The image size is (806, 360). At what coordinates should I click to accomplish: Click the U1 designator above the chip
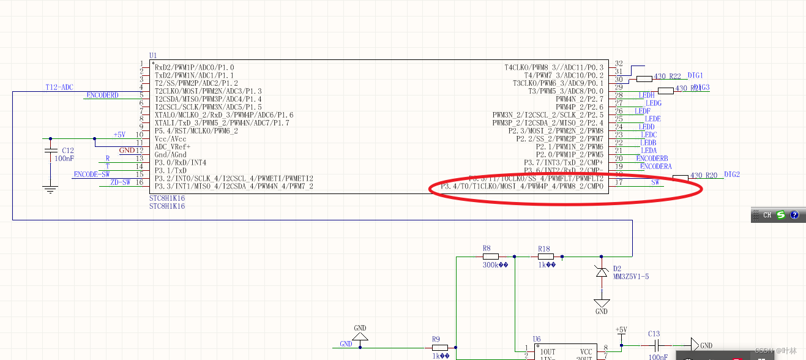(153, 56)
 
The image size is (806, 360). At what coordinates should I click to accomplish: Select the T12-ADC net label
(59, 88)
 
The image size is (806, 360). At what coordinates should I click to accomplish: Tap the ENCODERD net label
(102, 96)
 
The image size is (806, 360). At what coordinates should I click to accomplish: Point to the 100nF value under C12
(64, 159)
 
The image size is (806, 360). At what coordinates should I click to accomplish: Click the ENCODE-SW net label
(92, 174)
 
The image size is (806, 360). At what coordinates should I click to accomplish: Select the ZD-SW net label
(120, 182)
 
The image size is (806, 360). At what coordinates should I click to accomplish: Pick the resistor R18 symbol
(545, 257)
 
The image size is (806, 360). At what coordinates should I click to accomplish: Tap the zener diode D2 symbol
(602, 271)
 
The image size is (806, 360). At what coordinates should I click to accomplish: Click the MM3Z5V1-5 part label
(630, 277)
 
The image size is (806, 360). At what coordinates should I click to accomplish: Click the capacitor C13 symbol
(655, 345)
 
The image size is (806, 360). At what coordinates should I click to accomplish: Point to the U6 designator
(536, 339)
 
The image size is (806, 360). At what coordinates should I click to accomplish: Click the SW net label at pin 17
(655, 182)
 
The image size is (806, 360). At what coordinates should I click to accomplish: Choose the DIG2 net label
(732, 174)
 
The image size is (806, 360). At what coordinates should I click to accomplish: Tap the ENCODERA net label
(655, 167)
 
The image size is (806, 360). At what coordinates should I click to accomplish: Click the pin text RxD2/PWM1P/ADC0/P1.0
(195, 67)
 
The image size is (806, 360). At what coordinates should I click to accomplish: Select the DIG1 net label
(695, 75)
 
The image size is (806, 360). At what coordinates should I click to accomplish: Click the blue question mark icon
(794, 215)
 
